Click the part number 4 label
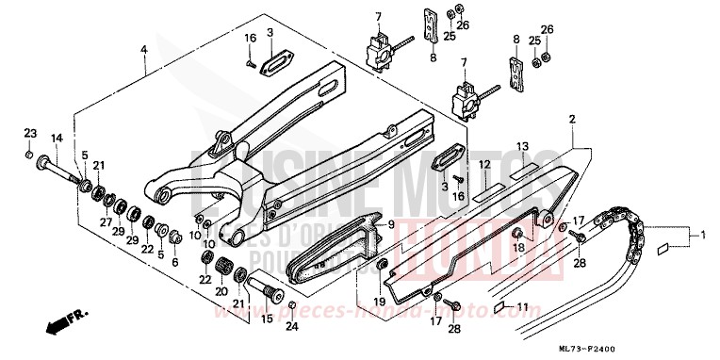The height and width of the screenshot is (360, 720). [x=144, y=48]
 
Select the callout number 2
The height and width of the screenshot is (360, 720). [x=571, y=119]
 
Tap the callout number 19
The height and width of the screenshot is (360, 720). [x=380, y=302]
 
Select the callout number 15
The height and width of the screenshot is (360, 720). [x=267, y=319]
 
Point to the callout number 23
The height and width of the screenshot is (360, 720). [x=29, y=132]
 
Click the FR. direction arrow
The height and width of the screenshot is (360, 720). [x=61, y=328]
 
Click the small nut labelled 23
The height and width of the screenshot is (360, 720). [x=30, y=155]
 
